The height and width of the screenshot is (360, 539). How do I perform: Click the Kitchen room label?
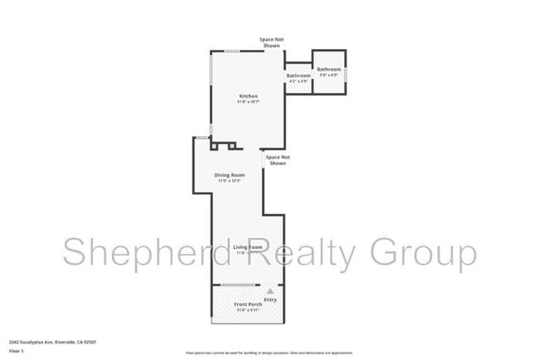[249, 96]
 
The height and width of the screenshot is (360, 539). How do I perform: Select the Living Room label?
[247, 247]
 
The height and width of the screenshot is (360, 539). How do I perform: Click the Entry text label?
[269, 299]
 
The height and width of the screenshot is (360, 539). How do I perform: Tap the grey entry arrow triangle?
[269, 291]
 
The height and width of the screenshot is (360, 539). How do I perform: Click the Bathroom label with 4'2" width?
[298, 76]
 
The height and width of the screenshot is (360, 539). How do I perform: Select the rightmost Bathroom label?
[329, 70]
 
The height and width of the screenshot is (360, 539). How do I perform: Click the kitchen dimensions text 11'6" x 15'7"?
[249, 102]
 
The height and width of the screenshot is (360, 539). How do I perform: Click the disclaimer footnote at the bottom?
[269, 351]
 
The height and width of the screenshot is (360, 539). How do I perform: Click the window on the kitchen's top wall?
[233, 51]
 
